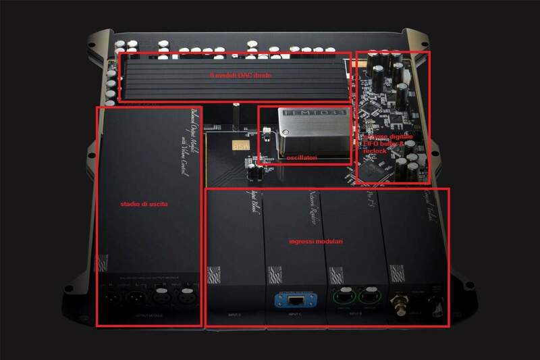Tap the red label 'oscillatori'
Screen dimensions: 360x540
301,157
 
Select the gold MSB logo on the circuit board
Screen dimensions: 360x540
238,144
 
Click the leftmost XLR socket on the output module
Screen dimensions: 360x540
112,297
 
